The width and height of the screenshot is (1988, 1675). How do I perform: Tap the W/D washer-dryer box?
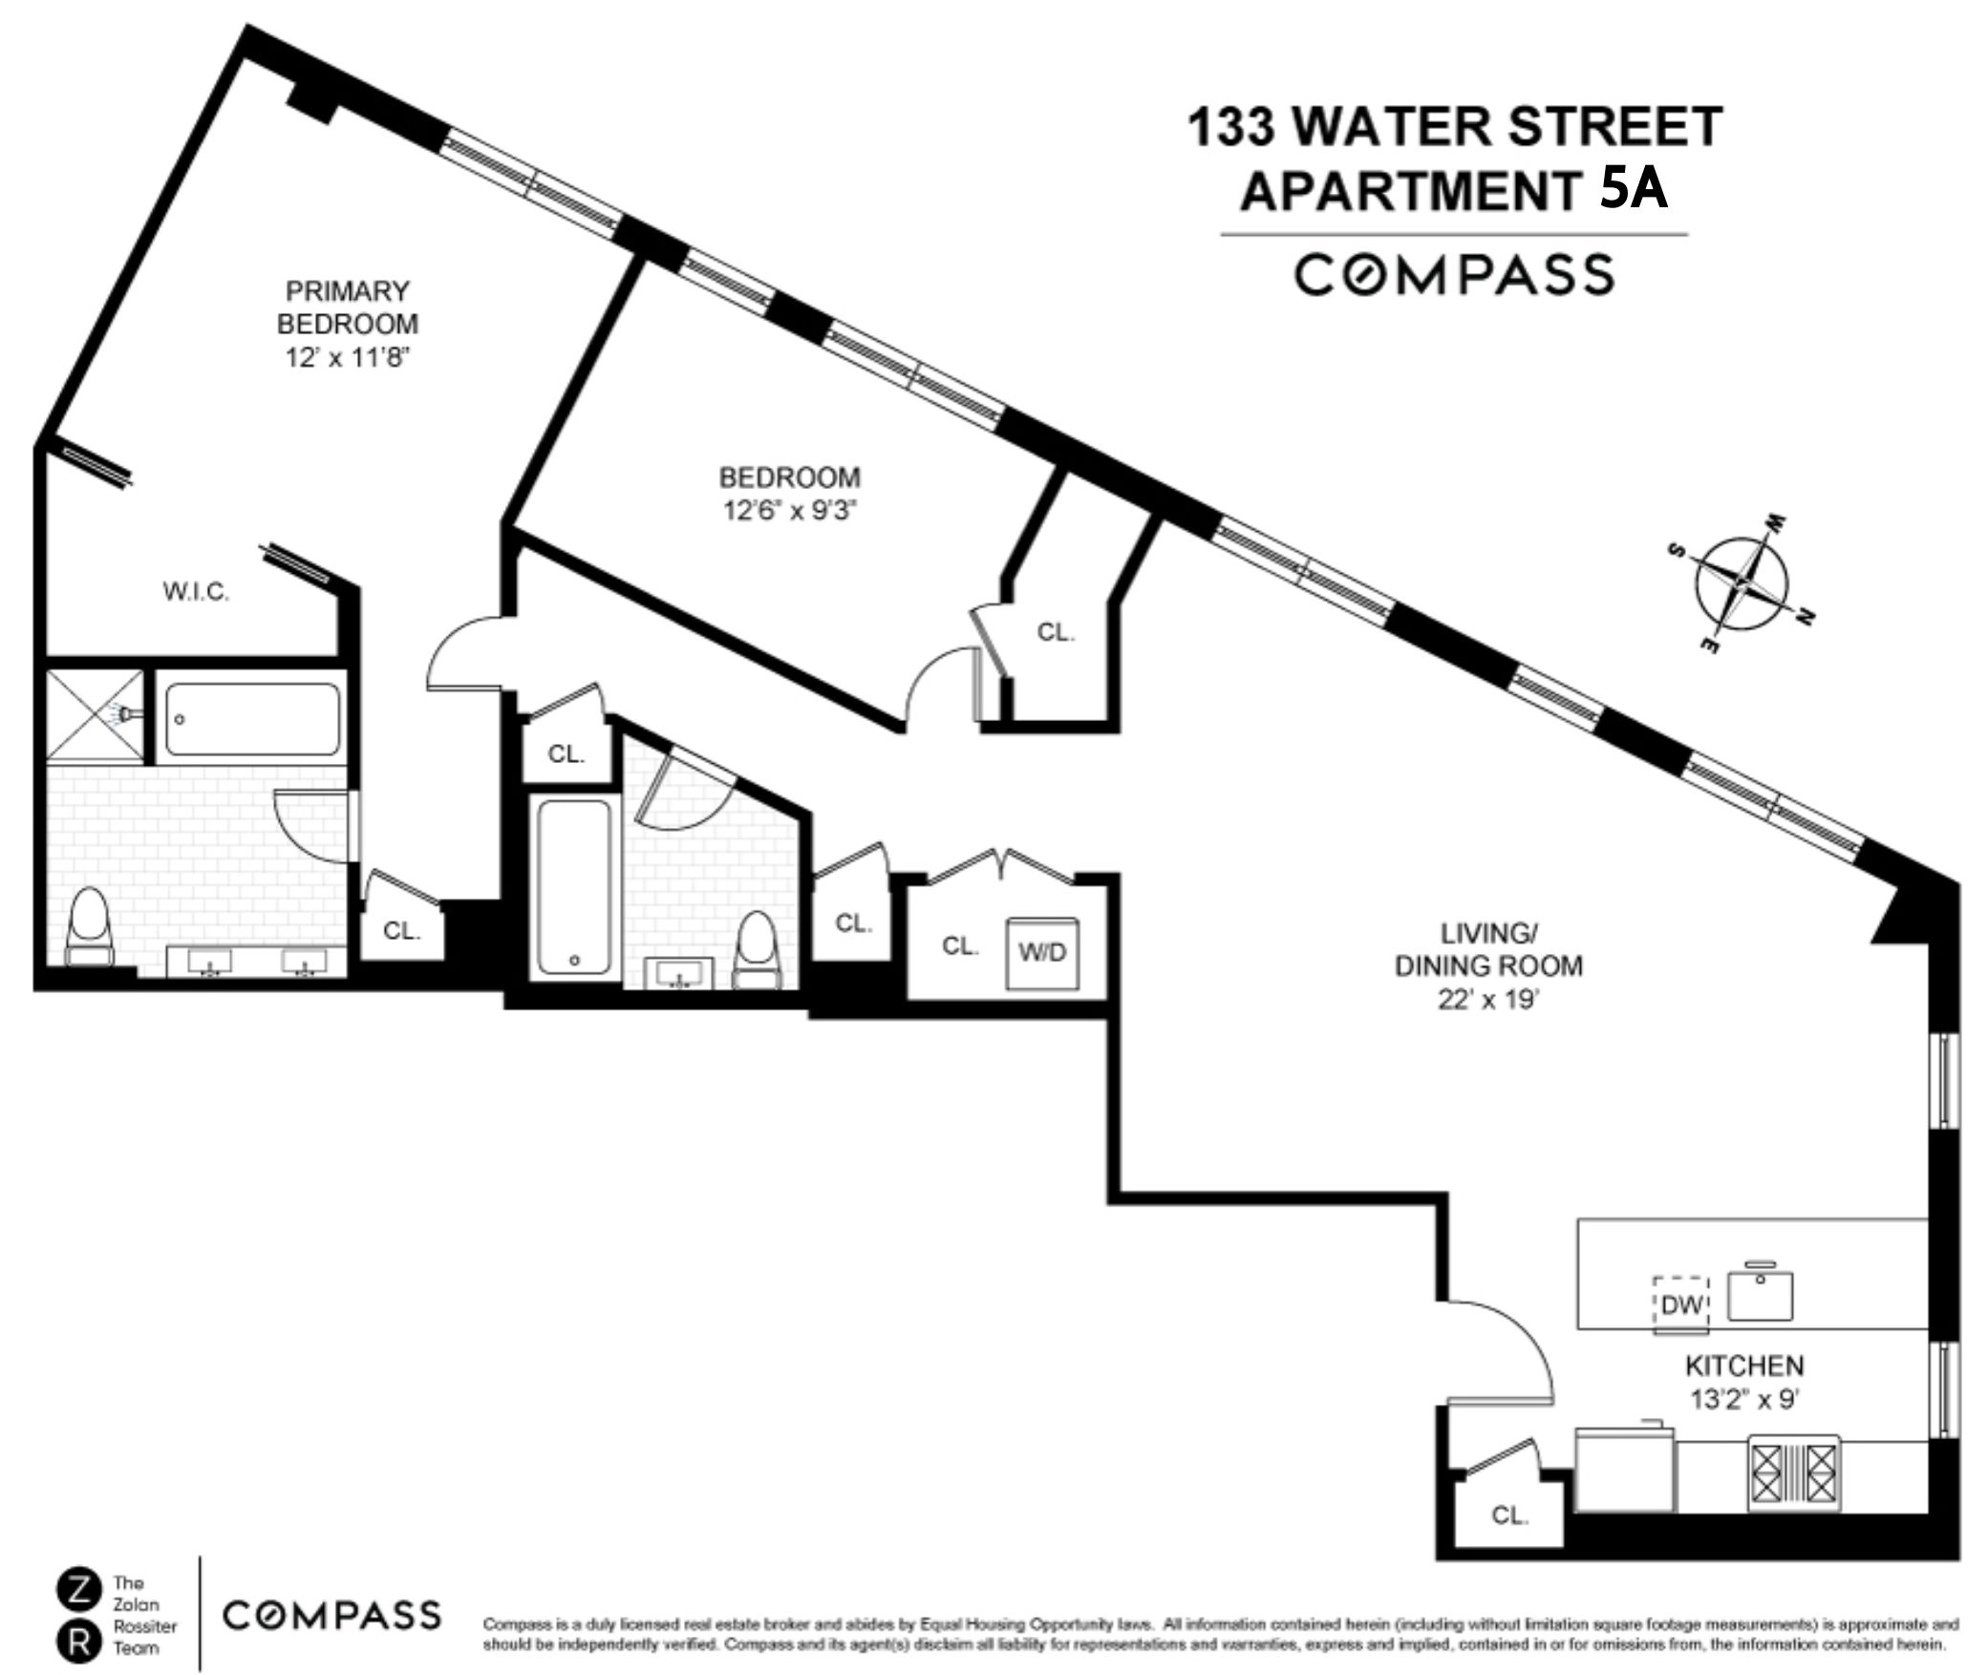coord(1042,953)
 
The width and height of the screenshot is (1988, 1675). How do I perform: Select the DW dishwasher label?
coord(1681,1304)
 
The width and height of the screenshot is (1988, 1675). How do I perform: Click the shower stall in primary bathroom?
coord(94,714)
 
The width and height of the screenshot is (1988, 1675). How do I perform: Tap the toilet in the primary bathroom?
coord(90,925)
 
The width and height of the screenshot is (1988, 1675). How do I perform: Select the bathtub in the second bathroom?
coord(573,888)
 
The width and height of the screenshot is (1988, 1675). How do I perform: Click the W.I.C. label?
coord(196,592)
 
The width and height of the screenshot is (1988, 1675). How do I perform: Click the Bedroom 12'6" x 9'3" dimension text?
coord(789,511)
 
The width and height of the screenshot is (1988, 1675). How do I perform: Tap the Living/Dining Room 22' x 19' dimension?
coord(1488,1000)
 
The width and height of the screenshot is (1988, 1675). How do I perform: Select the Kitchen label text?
coord(1743,1366)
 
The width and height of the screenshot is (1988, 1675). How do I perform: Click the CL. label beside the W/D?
coord(960,945)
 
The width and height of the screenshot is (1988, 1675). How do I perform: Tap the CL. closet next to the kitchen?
coord(1509,1515)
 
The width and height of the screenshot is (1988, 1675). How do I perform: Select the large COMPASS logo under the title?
coord(1454,274)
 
